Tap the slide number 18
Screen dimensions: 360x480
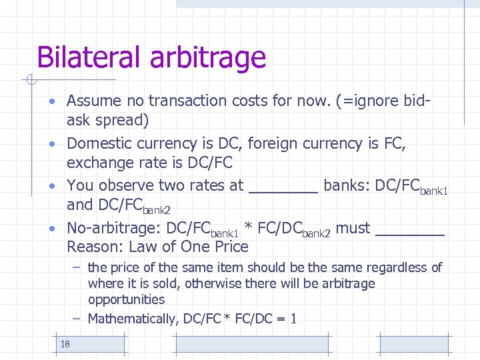(65, 344)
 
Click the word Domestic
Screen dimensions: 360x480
(100, 143)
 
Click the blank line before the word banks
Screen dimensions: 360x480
(283, 189)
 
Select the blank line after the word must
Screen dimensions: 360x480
(410, 231)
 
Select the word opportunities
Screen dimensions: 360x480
(126, 300)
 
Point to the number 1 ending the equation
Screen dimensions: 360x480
(293, 319)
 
